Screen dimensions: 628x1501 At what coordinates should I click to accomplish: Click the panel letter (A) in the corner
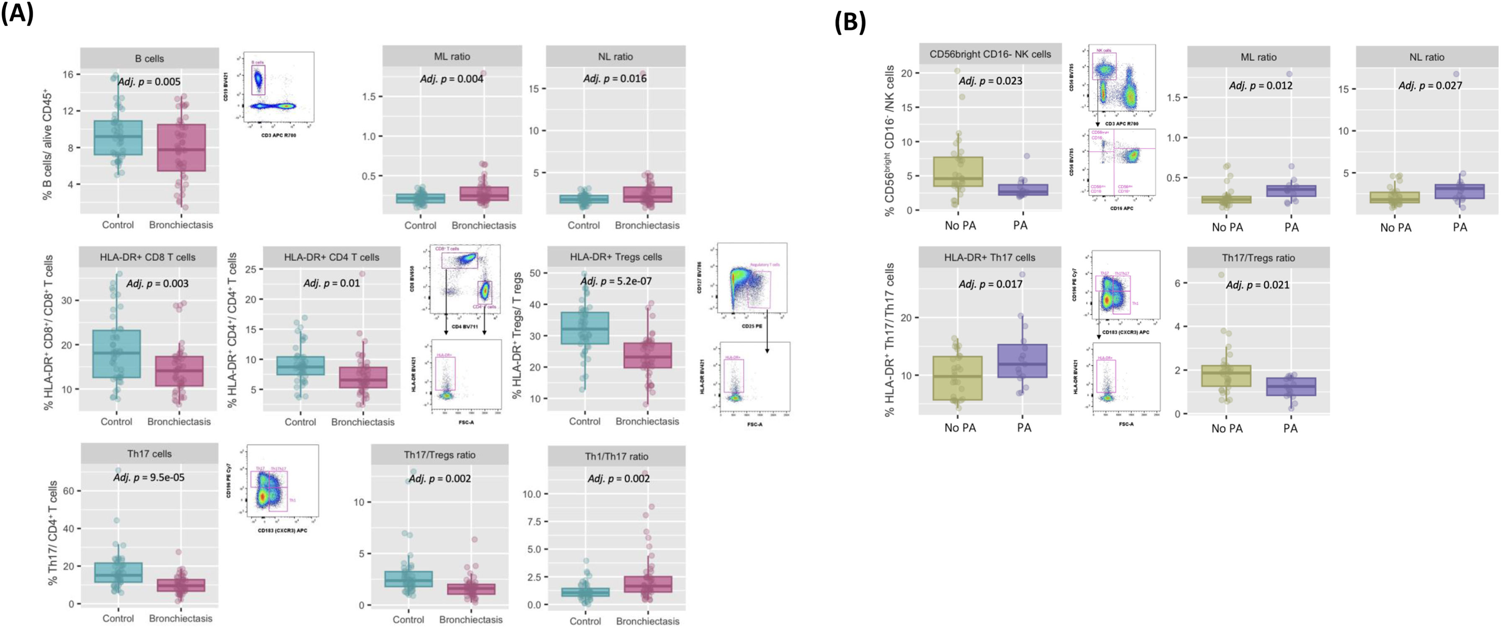[x=18, y=13]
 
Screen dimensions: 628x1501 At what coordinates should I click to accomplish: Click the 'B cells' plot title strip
[x=149, y=58]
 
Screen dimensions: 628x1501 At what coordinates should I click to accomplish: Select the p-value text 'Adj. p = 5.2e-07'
[x=617, y=281]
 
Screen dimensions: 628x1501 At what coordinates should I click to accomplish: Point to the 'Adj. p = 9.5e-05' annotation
[x=149, y=477]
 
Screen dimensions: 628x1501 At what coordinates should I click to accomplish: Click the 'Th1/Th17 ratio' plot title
[x=617, y=457]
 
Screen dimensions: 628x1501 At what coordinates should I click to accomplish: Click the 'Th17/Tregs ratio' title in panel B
[x=1258, y=258]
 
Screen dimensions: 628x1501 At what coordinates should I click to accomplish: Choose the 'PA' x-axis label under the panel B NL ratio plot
[x=1459, y=227]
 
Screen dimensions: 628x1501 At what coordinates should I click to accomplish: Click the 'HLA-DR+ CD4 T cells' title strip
[x=331, y=257]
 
